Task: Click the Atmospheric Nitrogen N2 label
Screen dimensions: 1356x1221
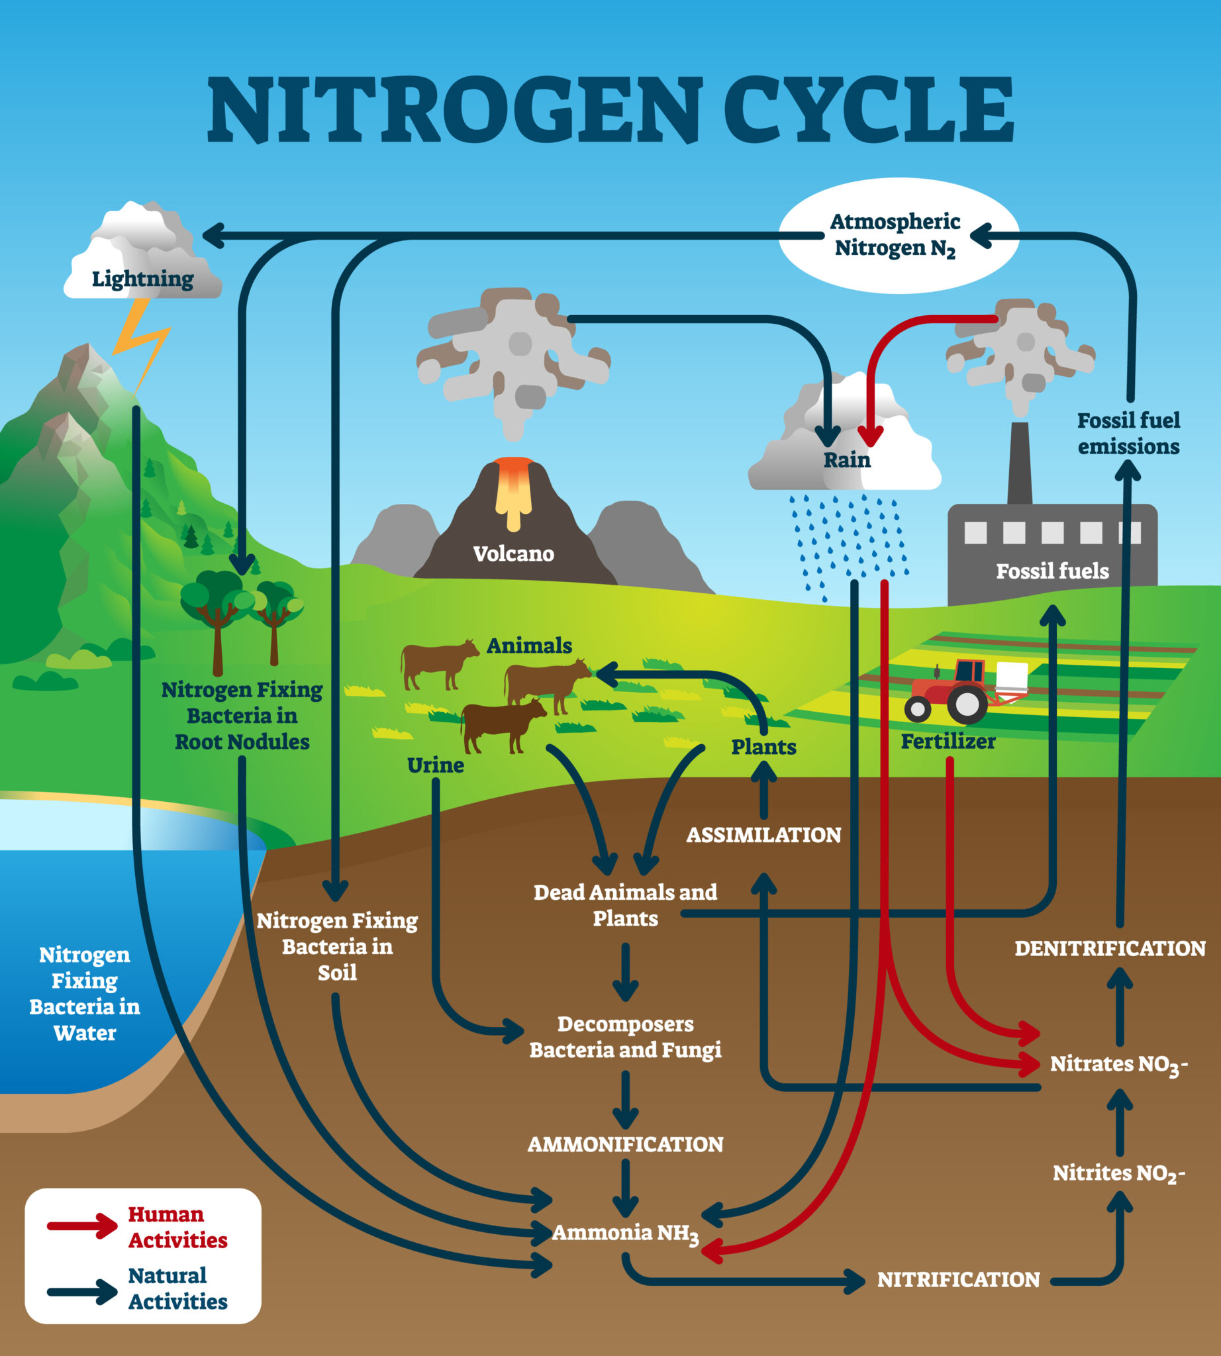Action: click(x=895, y=235)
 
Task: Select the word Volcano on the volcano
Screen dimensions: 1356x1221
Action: click(x=513, y=554)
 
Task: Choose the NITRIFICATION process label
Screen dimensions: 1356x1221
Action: click(x=958, y=1279)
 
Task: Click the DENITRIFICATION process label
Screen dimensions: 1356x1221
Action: click(x=1110, y=948)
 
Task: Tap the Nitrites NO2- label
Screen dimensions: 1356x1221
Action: click(x=1118, y=1173)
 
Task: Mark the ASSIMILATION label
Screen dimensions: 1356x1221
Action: click(x=763, y=835)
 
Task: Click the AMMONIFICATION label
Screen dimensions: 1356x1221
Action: click(x=625, y=1144)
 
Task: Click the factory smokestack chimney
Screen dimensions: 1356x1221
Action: click(x=1020, y=463)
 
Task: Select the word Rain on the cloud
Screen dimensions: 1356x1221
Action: click(x=847, y=460)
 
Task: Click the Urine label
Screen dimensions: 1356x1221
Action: click(x=436, y=765)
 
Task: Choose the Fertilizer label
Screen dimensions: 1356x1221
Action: click(x=948, y=742)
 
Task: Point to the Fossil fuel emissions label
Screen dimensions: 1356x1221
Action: click(x=1128, y=434)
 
